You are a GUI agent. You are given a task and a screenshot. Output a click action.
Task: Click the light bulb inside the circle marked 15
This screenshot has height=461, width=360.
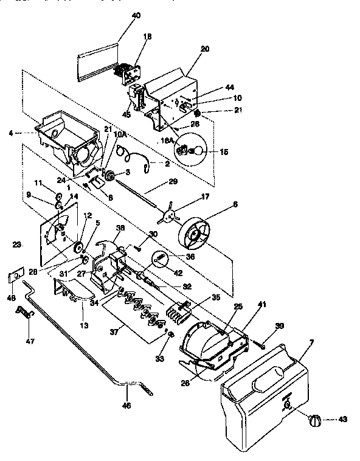point(196,151)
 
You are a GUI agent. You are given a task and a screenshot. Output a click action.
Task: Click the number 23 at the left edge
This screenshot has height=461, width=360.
point(16,244)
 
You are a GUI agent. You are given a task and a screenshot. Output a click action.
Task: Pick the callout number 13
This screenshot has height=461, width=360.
point(84,325)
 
